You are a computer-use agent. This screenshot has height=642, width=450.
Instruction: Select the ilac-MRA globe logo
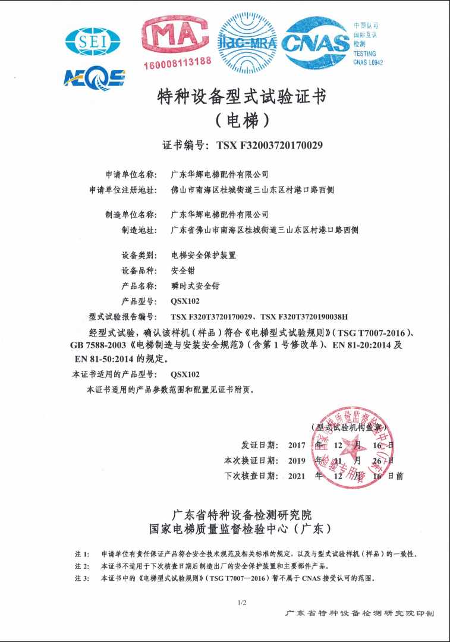[x=247, y=42]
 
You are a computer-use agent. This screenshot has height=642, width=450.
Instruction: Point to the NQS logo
[x=95, y=77]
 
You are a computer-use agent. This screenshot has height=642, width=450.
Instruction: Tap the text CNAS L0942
[x=368, y=62]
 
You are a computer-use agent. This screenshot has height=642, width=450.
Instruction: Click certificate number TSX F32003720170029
[x=269, y=145]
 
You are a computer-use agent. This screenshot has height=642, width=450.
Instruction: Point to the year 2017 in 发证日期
[x=297, y=445]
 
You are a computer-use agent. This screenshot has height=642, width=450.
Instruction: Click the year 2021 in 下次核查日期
[x=297, y=476]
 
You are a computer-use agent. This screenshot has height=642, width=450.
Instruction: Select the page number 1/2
[x=242, y=603]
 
